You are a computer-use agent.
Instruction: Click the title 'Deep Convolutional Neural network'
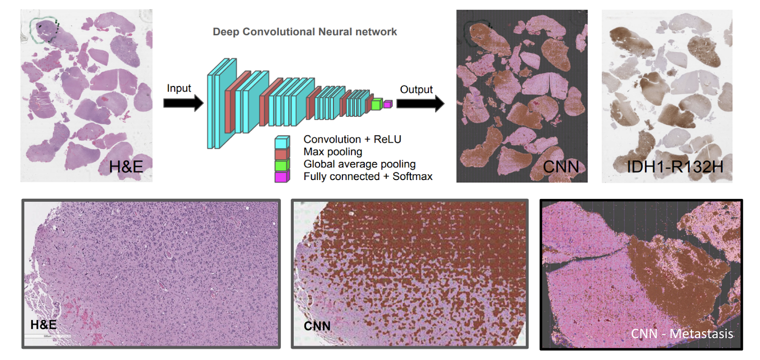point(304,32)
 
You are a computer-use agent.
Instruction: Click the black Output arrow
point(420,103)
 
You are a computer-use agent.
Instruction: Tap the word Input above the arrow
point(179,88)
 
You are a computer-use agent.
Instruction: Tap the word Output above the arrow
point(416,89)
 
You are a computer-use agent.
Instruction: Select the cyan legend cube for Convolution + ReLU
point(282,142)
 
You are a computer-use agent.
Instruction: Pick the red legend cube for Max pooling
point(282,154)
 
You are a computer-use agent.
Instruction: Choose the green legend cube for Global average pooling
point(282,165)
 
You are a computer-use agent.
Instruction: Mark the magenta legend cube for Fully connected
point(282,177)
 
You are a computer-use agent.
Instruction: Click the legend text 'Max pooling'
point(332,152)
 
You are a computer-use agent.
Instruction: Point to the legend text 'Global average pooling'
point(359,164)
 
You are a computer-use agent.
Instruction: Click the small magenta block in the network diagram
point(388,104)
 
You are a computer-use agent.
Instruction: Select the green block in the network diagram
point(377,104)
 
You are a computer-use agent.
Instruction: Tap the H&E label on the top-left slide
point(126,167)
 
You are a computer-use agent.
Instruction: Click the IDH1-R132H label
point(674,167)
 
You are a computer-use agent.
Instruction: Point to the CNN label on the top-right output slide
point(561,167)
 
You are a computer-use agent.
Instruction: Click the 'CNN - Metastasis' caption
point(682,334)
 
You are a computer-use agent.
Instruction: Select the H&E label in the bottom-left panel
point(43,325)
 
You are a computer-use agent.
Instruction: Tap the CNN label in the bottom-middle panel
point(317,326)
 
